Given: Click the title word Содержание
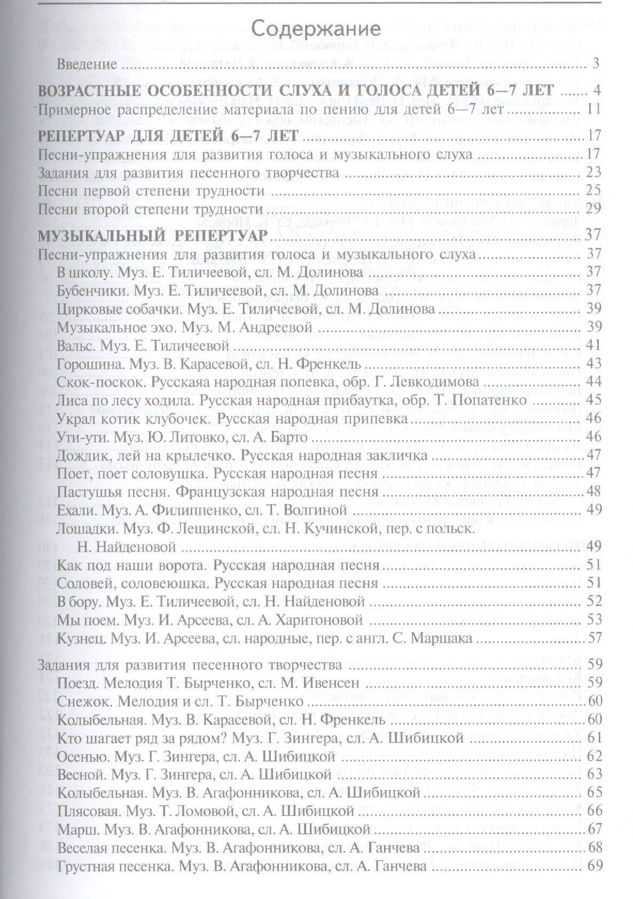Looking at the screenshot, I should coord(316,28).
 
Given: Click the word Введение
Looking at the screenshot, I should coord(87,65).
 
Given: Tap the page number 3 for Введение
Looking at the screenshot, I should coord(596,64).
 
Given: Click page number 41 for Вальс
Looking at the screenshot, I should coord(593,345).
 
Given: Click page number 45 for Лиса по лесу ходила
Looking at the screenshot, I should coord(593,400).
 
